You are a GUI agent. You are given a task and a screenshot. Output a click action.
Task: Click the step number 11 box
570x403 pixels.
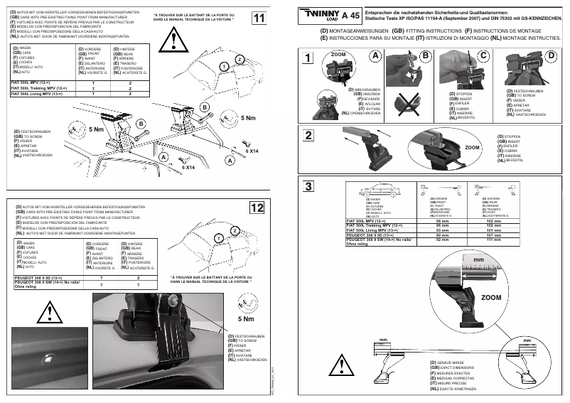[x=260, y=18]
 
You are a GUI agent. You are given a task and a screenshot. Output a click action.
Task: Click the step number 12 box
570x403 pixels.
[x=259, y=208]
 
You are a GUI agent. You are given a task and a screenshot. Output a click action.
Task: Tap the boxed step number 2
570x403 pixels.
[x=308, y=136]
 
